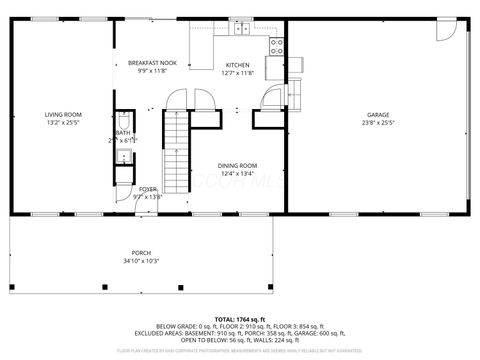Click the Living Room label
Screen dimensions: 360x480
pos(63,115)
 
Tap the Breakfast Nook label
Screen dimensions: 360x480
pos(152,63)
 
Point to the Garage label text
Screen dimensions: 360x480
pos(378,115)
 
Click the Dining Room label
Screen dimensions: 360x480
pos(238,165)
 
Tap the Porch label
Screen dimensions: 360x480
pos(141,253)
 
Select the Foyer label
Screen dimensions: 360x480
pos(148,189)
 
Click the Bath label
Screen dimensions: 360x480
pos(123,133)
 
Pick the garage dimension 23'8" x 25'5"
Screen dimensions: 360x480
pos(378,124)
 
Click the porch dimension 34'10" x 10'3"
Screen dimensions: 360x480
pos(141,261)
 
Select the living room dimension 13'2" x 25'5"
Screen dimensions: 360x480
pos(63,124)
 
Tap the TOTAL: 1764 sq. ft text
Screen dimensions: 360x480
pos(240,317)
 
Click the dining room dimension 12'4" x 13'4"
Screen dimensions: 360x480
pos(238,173)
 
